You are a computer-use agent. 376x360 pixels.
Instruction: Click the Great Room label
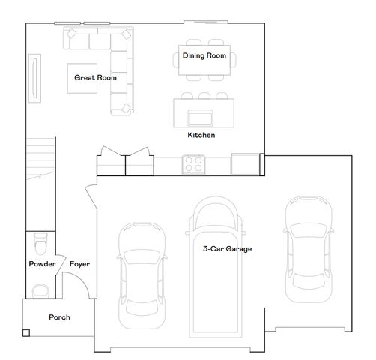(95, 77)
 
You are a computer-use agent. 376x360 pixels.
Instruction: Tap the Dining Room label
(204, 55)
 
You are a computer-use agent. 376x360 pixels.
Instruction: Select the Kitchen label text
(201, 135)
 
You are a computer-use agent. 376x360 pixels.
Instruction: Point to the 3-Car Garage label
(227, 249)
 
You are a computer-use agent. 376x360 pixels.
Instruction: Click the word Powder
(42, 264)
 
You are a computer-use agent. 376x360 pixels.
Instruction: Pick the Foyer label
(79, 264)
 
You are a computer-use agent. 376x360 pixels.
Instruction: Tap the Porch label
(59, 317)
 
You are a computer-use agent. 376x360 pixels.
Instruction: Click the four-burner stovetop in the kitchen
(193, 164)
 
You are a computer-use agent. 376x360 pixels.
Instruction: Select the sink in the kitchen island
(201, 118)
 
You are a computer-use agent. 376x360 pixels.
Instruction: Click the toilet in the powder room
(40, 244)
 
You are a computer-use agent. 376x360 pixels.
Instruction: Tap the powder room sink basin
(40, 291)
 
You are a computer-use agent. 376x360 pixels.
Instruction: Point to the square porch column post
(26, 333)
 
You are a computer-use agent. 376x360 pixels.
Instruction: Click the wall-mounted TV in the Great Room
(34, 78)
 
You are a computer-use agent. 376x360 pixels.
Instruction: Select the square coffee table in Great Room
(82, 78)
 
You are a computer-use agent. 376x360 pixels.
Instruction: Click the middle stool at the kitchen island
(204, 96)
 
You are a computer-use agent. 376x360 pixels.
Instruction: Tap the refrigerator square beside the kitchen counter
(245, 164)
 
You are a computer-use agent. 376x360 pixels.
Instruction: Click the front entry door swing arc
(82, 279)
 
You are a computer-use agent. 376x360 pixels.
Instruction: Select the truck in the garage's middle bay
(215, 267)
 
